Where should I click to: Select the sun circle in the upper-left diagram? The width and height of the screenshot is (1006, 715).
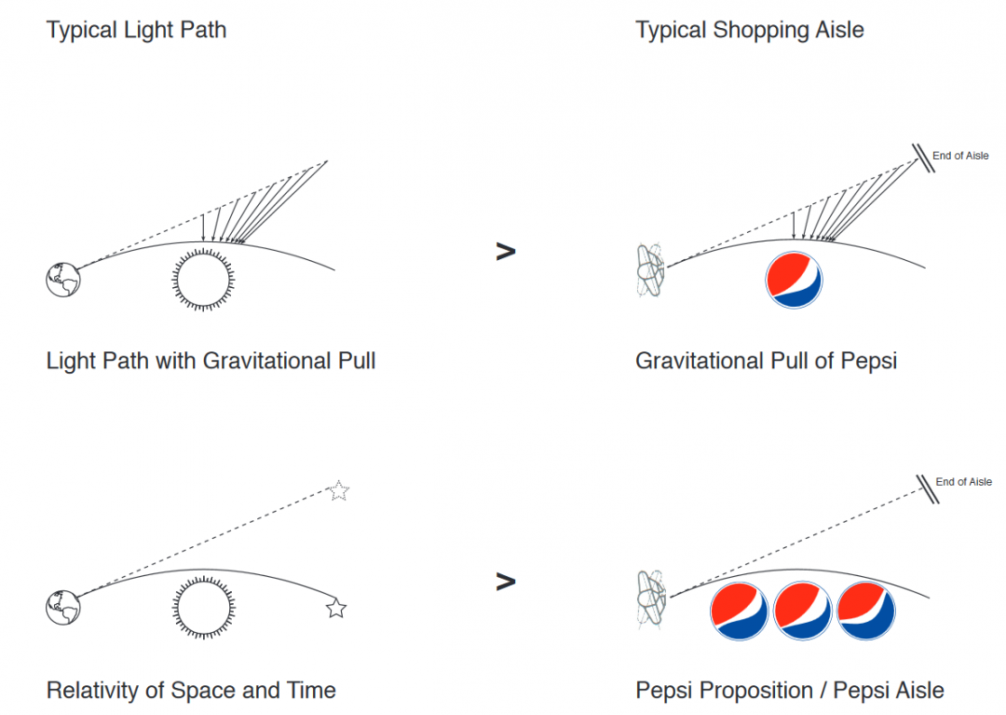pyautogui.click(x=204, y=278)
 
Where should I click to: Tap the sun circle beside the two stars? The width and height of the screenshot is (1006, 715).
pyautogui.click(x=204, y=607)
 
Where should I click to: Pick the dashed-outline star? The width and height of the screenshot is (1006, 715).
pyautogui.click(x=339, y=490)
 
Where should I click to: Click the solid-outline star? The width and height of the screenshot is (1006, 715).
pyautogui.click(x=336, y=609)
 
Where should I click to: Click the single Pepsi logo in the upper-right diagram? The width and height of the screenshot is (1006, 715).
pyautogui.click(x=794, y=280)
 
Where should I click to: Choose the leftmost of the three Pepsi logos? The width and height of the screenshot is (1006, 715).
pyautogui.click(x=739, y=611)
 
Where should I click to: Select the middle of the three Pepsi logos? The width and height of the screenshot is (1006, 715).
pyautogui.click(x=803, y=611)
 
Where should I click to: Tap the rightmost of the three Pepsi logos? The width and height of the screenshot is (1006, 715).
pyautogui.click(x=866, y=611)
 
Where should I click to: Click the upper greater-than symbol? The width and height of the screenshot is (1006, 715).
pyautogui.click(x=505, y=251)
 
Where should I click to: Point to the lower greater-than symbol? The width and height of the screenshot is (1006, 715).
pyautogui.click(x=505, y=582)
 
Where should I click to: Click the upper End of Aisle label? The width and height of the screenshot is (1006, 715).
pyautogui.click(x=960, y=156)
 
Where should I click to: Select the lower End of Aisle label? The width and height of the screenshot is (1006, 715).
pyautogui.click(x=963, y=482)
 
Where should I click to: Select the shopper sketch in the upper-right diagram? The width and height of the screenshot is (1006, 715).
pyautogui.click(x=649, y=271)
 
